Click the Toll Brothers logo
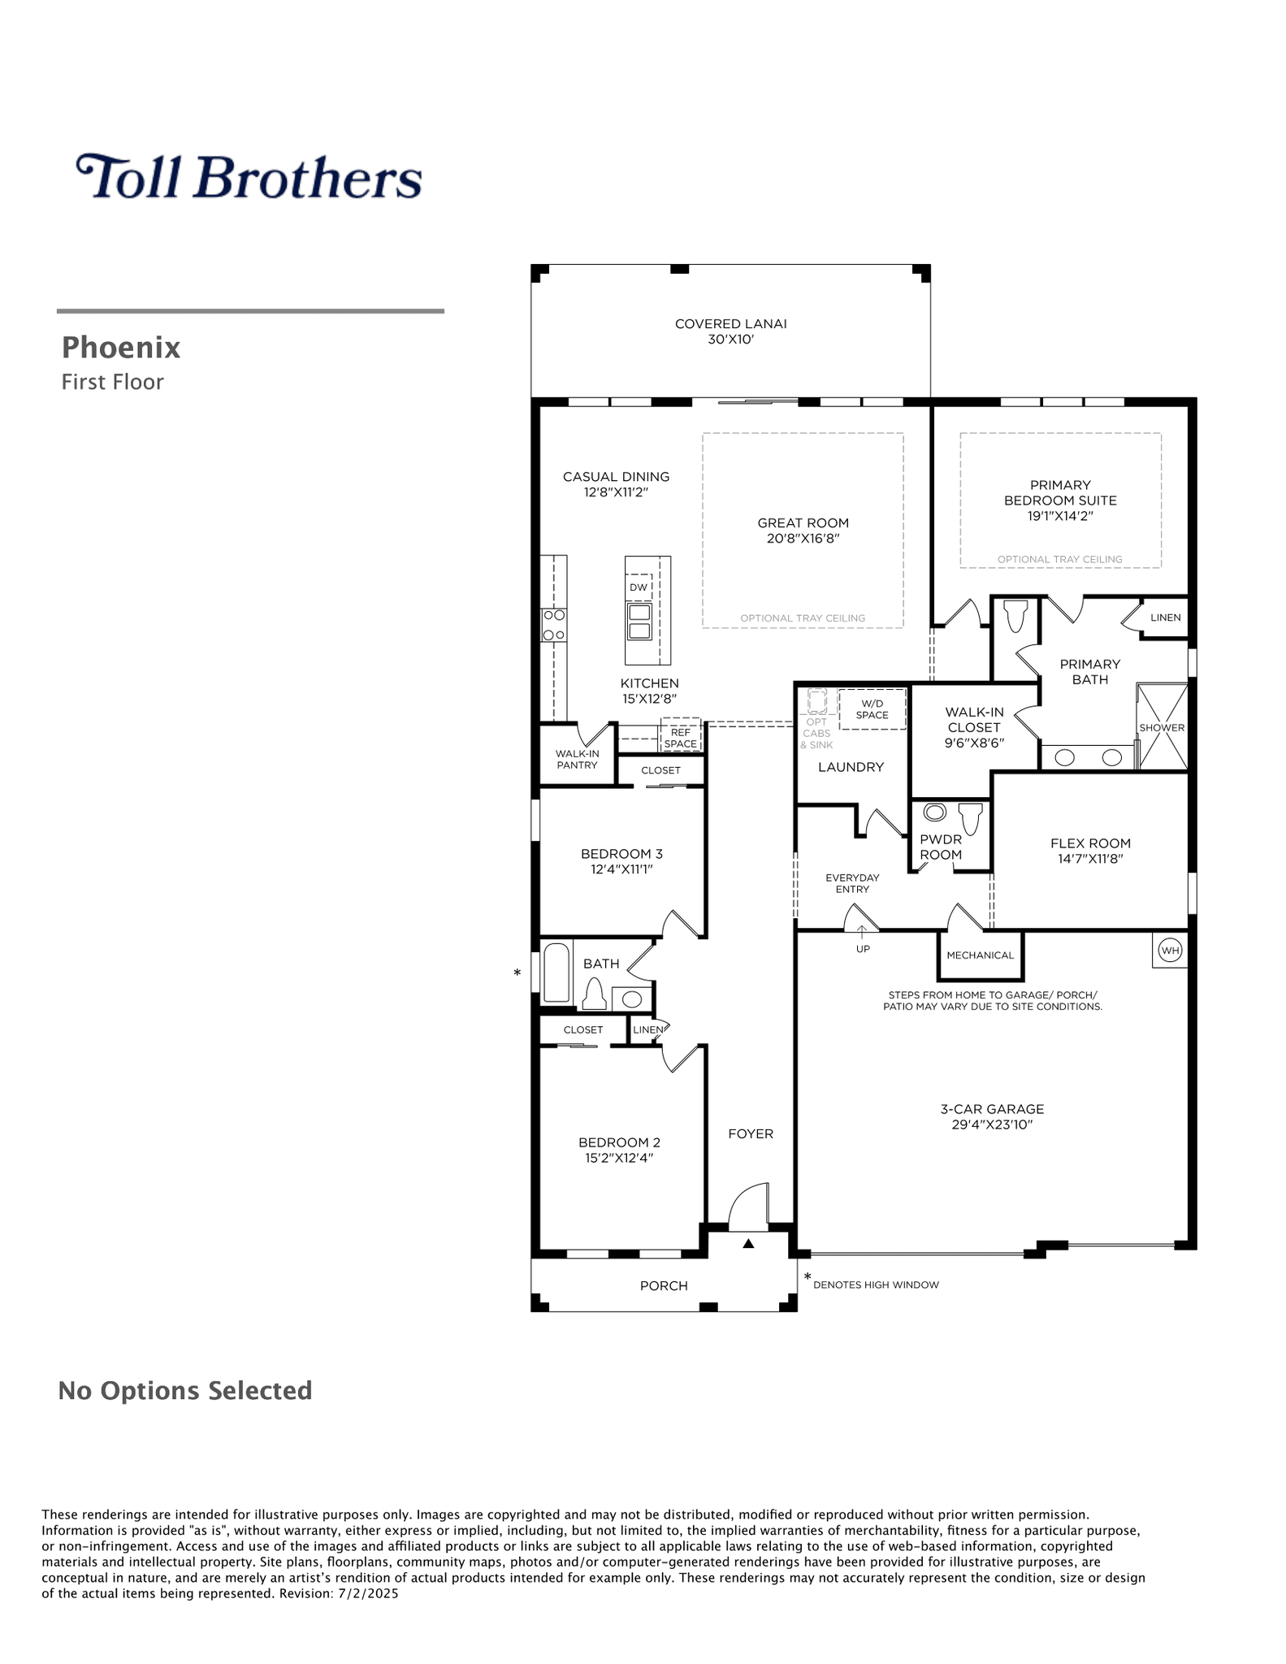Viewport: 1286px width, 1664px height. point(249,177)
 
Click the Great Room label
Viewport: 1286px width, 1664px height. point(803,523)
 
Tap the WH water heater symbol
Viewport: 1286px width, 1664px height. point(1170,950)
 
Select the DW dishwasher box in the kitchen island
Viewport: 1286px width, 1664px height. point(639,587)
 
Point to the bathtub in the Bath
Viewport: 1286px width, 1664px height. point(556,973)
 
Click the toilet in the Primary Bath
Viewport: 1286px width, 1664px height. point(1016,617)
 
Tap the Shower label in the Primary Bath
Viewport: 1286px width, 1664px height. point(1162,728)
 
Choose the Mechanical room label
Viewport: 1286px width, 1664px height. point(980,955)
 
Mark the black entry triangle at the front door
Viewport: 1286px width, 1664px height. point(748,1243)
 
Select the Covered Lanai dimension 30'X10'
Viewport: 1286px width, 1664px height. point(731,340)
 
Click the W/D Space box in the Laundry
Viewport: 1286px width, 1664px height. point(872,709)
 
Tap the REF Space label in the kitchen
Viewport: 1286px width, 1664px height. point(681,738)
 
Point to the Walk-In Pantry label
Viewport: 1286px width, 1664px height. point(577,759)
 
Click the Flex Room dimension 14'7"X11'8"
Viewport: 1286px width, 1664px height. point(1090,859)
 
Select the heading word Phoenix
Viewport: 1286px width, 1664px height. point(121,348)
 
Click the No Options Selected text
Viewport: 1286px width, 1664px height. point(185,1390)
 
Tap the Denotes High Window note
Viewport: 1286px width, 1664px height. point(876,1285)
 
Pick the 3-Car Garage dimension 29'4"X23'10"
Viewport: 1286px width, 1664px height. point(992,1124)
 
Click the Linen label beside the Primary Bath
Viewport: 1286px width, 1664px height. point(1165,617)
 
